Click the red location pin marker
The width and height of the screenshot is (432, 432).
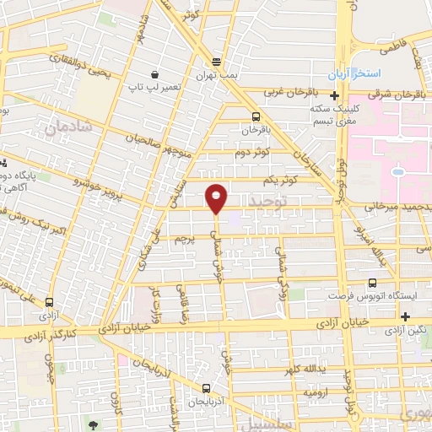[217, 198]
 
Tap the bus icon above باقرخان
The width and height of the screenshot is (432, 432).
[256, 116]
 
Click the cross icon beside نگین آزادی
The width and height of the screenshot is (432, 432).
[407, 316]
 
